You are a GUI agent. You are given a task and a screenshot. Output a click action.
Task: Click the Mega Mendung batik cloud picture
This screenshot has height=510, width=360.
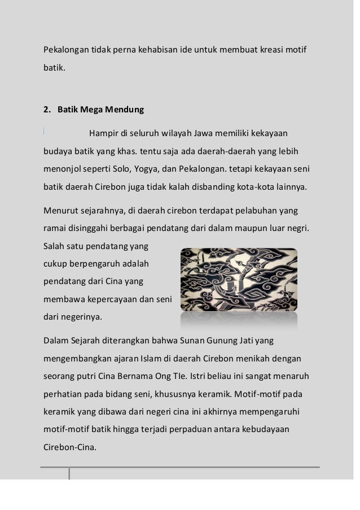coord(238,280)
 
